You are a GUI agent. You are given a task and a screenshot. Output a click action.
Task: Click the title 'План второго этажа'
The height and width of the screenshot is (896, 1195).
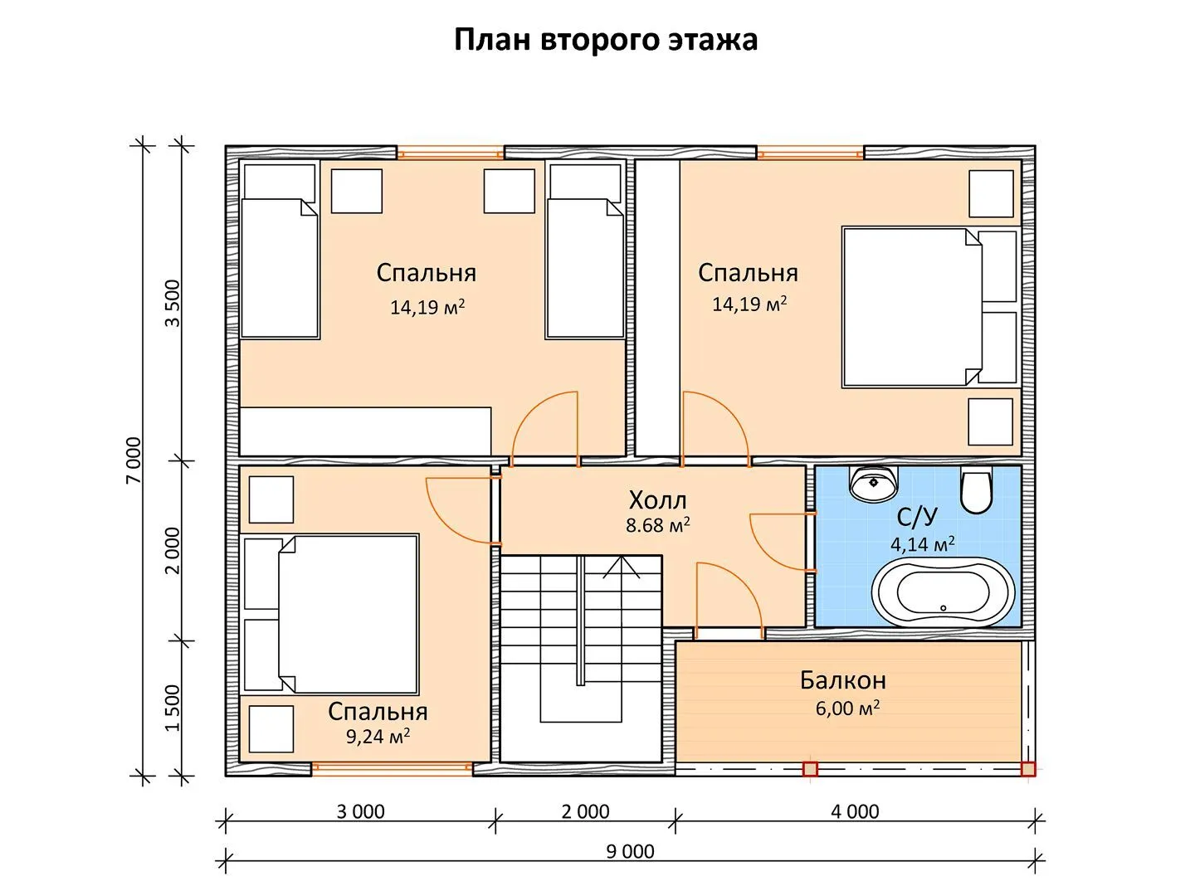606,41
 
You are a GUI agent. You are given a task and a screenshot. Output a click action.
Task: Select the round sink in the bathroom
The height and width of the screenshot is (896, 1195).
873,483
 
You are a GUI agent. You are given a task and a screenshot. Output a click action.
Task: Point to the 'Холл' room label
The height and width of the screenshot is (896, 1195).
657,500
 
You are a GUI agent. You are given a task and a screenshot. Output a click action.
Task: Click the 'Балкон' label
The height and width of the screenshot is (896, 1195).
843,680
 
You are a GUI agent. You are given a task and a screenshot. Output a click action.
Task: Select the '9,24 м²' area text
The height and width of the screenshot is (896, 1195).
378,736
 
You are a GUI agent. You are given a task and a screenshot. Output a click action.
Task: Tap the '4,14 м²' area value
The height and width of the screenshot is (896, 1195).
922,543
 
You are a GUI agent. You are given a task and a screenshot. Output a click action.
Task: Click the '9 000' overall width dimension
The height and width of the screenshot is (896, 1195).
631,851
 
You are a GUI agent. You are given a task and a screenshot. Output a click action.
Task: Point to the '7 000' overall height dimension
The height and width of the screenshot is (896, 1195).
134,460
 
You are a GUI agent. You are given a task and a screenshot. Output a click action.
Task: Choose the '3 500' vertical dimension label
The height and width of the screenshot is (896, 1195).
172,303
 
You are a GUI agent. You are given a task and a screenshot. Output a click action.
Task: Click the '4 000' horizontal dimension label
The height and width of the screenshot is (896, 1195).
855,811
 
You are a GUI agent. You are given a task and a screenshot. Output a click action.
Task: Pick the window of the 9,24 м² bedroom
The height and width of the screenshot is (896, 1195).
392,767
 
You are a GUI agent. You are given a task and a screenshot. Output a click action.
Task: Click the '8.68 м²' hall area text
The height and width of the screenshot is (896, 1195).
657,525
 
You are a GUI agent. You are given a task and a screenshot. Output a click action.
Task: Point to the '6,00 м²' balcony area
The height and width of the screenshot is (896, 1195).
847,708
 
